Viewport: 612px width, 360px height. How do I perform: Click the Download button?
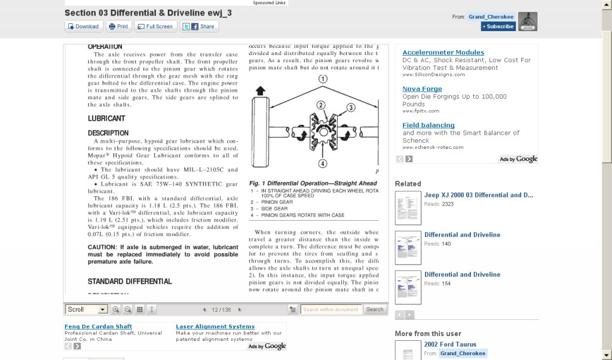point(83,26)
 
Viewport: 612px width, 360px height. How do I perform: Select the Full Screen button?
point(156,26)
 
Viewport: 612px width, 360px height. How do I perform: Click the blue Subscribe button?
point(498,26)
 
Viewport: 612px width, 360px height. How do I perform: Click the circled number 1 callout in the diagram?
point(323,78)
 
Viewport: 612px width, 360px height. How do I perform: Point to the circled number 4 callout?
point(323,163)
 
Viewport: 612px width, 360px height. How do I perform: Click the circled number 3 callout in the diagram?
point(351,108)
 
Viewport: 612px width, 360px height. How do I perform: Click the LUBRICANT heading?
point(106,118)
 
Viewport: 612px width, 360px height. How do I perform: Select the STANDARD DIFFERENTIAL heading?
point(130,281)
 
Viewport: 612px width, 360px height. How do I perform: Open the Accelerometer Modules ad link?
point(443,53)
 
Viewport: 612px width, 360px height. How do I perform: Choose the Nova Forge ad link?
point(422,89)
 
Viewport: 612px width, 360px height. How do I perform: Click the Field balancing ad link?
point(429,125)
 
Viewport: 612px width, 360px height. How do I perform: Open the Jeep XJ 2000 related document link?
point(478,195)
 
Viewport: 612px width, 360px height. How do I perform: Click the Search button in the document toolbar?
point(375,309)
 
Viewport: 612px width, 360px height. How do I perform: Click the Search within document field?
point(330,309)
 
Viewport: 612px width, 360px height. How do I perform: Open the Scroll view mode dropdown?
point(87,309)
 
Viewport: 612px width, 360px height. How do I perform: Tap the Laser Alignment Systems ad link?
point(215,327)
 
